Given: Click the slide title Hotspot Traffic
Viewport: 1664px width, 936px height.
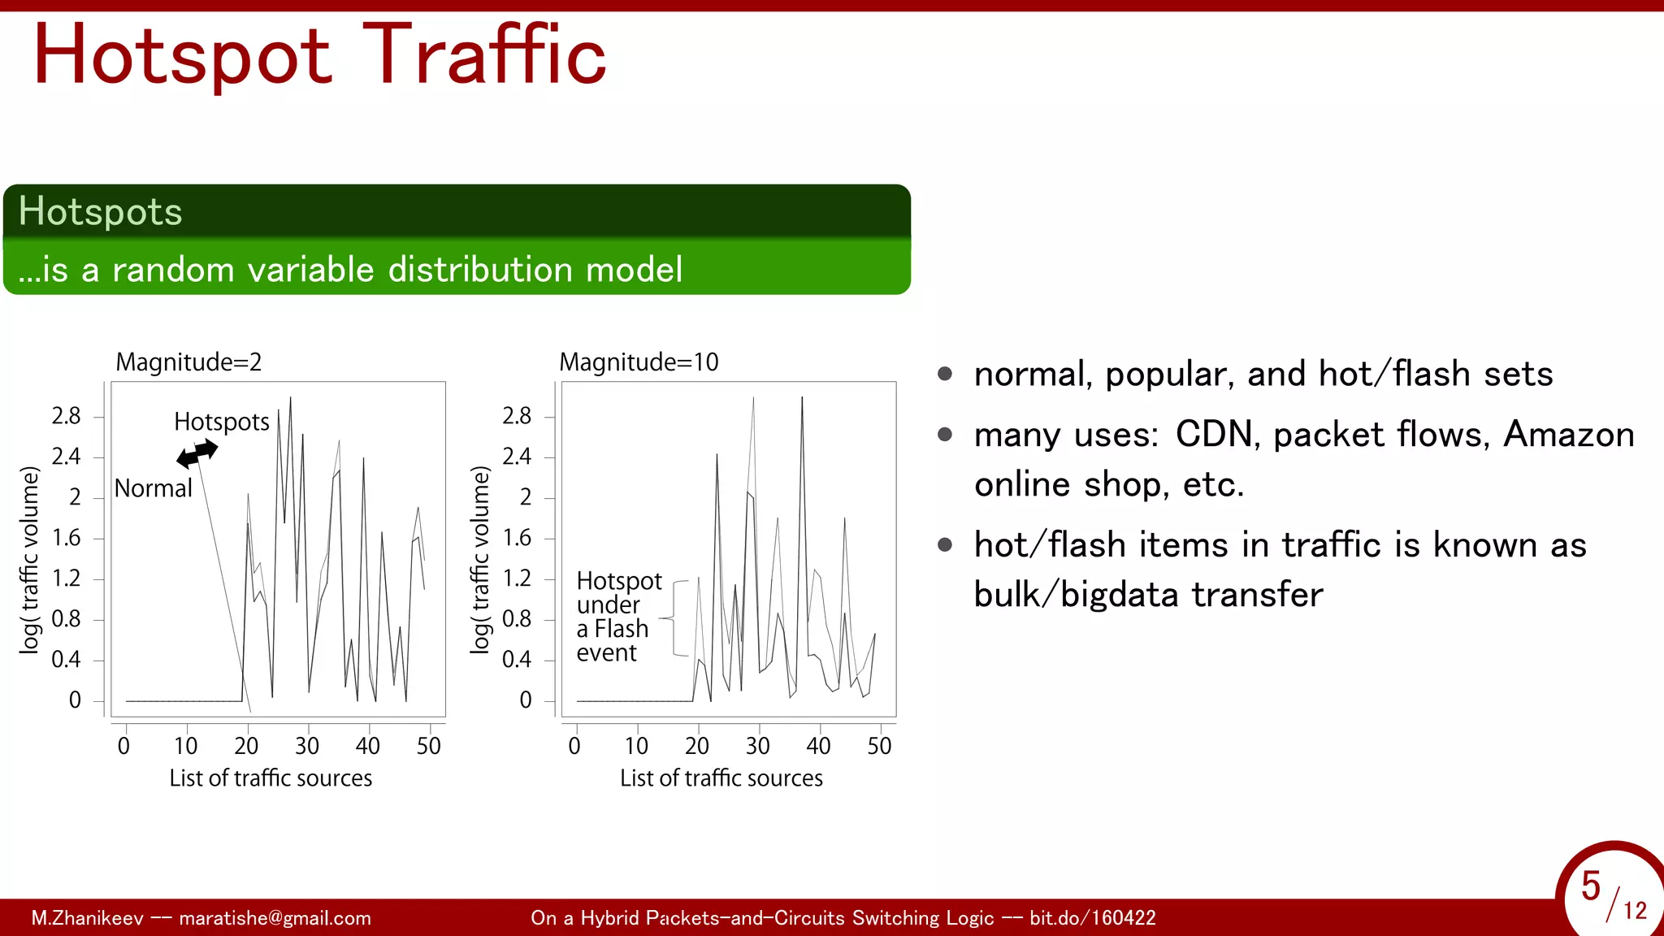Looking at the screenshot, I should pos(319,55).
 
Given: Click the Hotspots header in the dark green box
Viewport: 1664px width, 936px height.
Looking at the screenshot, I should pos(100,211).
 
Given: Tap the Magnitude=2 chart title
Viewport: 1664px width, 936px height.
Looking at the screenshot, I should pos(188,362).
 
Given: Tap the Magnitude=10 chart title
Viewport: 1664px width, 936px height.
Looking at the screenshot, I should pos(639,362).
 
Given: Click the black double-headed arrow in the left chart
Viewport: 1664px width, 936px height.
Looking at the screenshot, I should pos(197,453).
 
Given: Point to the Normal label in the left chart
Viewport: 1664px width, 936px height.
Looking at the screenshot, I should pos(153,488).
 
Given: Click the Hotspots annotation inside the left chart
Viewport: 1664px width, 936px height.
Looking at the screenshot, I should pos(221,422).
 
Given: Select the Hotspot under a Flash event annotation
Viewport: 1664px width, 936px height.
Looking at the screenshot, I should pos(617,617).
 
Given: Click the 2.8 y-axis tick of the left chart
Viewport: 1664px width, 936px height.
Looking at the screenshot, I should pos(66,416).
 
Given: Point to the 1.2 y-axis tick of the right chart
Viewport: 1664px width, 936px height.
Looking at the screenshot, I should pos(517,578).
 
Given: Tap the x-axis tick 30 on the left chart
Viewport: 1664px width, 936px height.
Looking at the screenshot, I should pos(307,746).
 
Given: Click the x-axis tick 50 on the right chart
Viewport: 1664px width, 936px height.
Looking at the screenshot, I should pos(879,746).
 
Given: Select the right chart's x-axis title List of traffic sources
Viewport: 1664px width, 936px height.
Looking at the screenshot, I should pos(721,778).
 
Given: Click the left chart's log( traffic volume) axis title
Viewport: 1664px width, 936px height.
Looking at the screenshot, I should pos(29,560).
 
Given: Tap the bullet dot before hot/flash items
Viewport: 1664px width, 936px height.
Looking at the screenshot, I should pos(944,544).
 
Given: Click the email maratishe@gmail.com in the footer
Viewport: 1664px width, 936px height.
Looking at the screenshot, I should pos(275,918).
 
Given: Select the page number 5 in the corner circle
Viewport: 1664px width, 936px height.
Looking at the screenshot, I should pos(1590,886).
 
